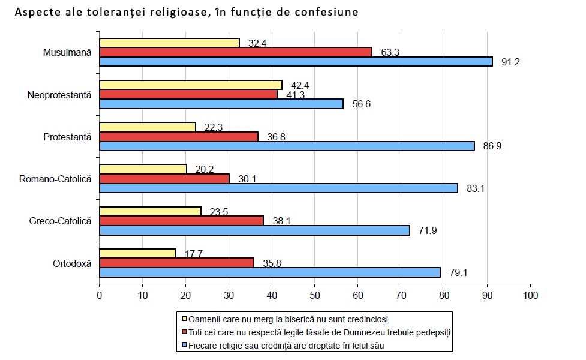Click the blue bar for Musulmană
pyautogui.click(x=296, y=61)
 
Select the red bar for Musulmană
pyautogui.click(x=235, y=52)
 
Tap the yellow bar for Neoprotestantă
pyautogui.click(x=190, y=85)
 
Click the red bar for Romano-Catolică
pyautogui.click(x=164, y=178)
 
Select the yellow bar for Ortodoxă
pyautogui.click(x=137, y=253)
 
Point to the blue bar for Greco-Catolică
pyautogui.click(x=254, y=230)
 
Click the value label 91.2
pyautogui.click(x=512, y=62)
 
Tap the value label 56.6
pyautogui.click(x=362, y=104)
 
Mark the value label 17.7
pyautogui.click(x=194, y=254)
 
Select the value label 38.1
pyautogui.click(x=282, y=220)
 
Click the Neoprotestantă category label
pyautogui.click(x=59, y=94)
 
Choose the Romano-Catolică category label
pyautogui.click(x=55, y=178)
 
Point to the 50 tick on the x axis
pyautogui.click(x=315, y=295)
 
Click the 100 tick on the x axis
pyautogui.click(x=530, y=295)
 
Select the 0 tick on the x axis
pyautogui.click(x=100, y=295)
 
